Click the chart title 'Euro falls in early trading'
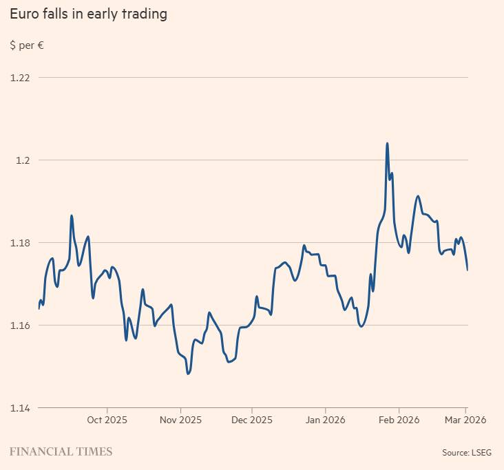[88, 14]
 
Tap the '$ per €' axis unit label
[27, 45]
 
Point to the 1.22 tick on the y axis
[20, 77]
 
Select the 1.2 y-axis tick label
[23, 160]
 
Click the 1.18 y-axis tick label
[20, 242]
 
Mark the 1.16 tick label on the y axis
[20, 325]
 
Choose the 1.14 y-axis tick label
[20, 407]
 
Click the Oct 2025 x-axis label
[107, 419]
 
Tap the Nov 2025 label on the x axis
[180, 419]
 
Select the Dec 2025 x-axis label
[252, 419]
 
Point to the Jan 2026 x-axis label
[325, 419]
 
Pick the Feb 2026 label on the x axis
[399, 419]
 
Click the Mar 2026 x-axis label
[465, 419]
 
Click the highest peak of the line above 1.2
[387, 143]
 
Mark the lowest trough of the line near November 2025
[188, 374]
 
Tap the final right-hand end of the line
[468, 270]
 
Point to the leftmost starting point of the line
[39, 308]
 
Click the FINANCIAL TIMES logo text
[61, 451]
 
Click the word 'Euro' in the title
[24, 14]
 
